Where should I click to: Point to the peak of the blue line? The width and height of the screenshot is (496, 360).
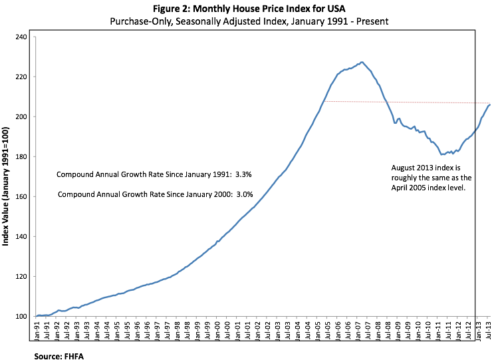coord(361,62)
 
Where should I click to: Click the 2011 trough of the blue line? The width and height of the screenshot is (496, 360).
coord(442,154)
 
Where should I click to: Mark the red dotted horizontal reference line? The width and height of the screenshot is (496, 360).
coord(399,102)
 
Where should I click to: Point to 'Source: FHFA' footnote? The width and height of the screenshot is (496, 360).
coord(59,356)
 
